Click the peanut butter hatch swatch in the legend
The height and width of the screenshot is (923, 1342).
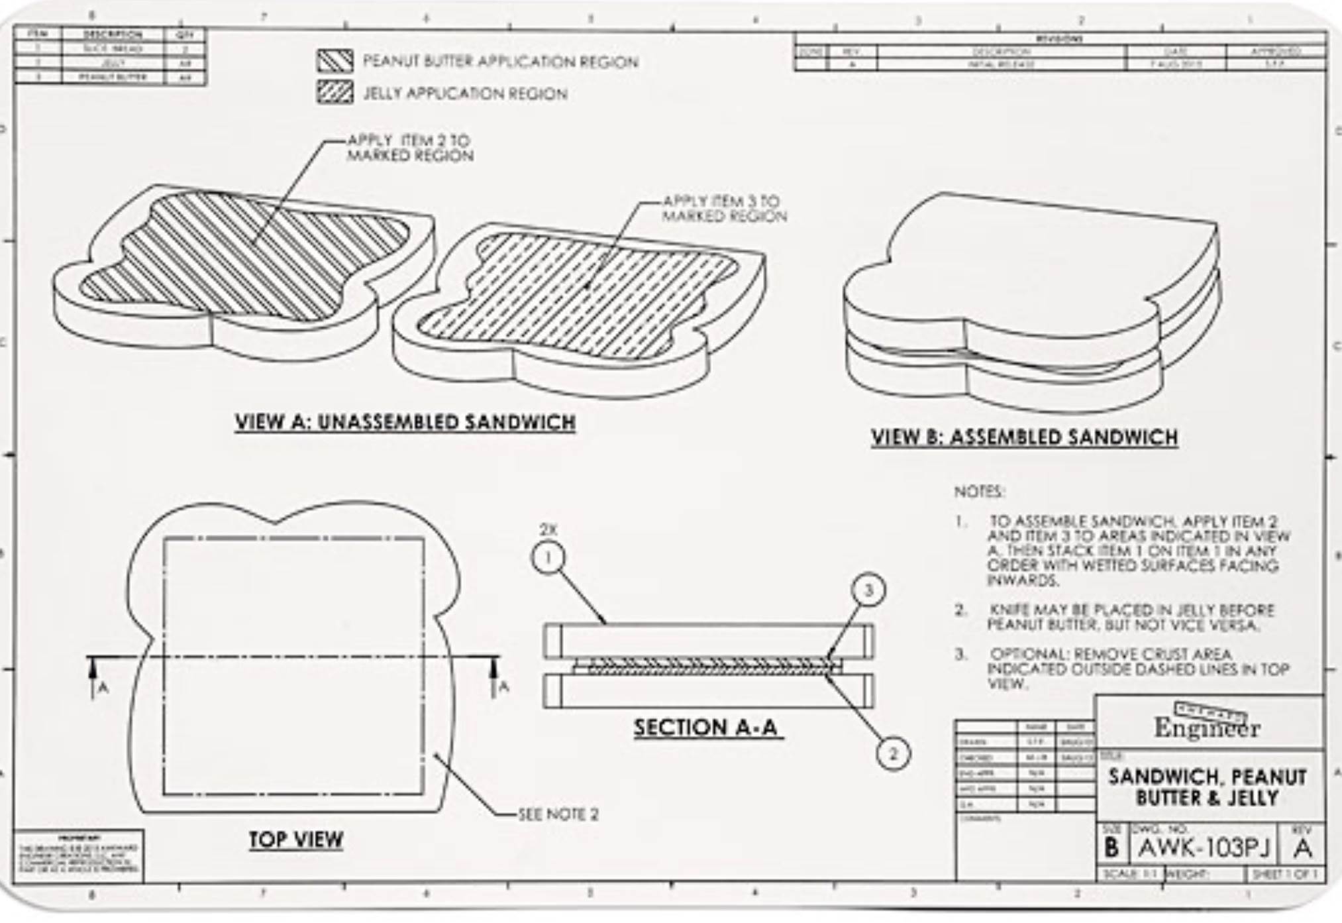335,61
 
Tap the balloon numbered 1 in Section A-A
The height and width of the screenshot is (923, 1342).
548,558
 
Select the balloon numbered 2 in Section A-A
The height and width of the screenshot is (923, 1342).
893,754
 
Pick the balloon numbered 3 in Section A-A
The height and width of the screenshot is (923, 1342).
868,590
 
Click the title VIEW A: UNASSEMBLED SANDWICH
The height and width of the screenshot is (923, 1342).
405,422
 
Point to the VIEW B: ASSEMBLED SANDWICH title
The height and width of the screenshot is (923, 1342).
1024,437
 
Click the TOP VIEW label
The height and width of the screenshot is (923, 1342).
296,840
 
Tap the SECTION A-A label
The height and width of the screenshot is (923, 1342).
706,728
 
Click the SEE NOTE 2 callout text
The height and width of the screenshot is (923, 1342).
558,814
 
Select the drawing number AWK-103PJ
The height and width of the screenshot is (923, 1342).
1204,848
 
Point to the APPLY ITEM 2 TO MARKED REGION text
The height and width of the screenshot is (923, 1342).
410,148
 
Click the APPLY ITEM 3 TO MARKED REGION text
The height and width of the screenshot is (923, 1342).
724,208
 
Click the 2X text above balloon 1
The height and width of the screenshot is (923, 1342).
548,529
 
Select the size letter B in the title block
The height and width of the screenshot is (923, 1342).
1111,848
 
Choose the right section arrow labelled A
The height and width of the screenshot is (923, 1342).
493,675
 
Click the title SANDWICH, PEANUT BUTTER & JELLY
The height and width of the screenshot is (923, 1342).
1207,787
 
